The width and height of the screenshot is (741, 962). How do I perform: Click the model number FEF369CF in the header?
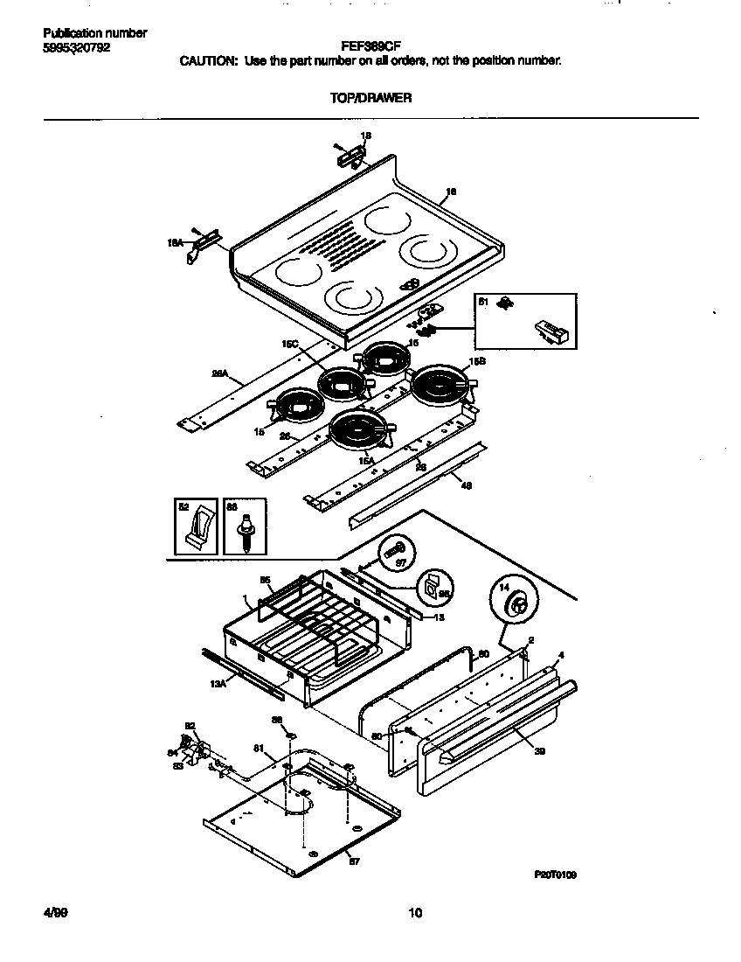pos(370,47)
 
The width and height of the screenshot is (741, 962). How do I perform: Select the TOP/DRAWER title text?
pos(370,98)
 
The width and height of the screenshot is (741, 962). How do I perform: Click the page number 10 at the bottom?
pos(415,914)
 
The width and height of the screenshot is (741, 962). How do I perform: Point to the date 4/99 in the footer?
pos(55,913)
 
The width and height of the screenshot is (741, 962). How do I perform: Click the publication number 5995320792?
pos(77,47)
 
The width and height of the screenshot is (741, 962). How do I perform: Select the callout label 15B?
pos(477,360)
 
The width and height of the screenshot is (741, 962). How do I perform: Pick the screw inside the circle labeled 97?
pos(393,553)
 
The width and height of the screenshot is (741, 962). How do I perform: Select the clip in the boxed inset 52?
pos(199,530)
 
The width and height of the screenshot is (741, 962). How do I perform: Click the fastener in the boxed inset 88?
pos(245,532)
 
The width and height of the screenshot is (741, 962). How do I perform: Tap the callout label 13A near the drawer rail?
pos(218,686)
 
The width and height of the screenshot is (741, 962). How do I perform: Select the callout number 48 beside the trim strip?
pos(466,485)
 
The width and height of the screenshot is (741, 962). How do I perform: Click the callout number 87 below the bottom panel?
pos(354,861)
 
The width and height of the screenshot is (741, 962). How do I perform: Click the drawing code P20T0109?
pos(555,874)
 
